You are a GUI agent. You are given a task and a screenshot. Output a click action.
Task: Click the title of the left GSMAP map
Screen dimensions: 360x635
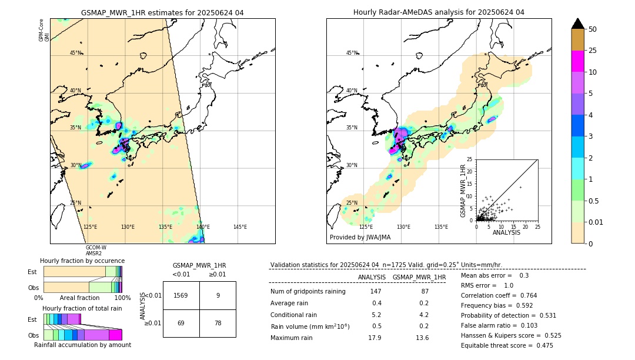point(162,12)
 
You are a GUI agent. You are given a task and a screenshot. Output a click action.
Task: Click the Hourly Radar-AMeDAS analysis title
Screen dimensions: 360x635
point(439,12)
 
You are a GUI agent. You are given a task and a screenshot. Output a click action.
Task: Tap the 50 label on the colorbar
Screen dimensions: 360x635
point(593,29)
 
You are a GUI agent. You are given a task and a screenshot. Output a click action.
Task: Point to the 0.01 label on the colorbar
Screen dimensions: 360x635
point(596,222)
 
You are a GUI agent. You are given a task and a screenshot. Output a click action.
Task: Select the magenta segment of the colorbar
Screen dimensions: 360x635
point(577,61)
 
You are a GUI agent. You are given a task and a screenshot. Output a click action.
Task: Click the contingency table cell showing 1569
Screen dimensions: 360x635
point(181,296)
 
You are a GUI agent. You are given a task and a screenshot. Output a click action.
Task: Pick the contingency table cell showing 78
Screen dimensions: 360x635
point(218,323)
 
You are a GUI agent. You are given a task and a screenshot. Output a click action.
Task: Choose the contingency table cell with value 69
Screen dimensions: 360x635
point(181,323)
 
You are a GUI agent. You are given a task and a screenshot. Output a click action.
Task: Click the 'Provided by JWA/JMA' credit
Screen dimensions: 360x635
point(360,238)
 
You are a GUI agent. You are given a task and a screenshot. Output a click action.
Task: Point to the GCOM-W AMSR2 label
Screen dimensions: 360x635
point(96,251)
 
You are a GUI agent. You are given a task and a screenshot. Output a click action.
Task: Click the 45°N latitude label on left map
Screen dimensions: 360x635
point(75,53)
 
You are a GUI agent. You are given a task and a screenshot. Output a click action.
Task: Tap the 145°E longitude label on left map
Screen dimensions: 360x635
point(240,227)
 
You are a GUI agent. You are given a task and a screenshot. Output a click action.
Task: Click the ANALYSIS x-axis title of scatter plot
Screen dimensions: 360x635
point(506,232)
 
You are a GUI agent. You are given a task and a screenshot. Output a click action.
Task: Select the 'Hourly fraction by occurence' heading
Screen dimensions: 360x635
point(82,261)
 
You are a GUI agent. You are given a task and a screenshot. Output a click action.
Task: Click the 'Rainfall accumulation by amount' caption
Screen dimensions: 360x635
point(82,345)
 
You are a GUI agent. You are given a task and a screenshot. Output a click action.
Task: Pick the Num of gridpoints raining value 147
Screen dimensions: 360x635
point(376,291)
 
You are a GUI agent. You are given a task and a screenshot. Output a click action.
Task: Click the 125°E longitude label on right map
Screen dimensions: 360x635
point(366,227)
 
